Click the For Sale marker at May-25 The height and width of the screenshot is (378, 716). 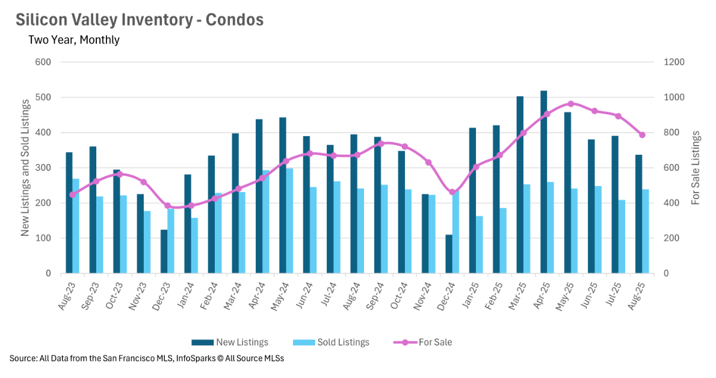coord(571,104)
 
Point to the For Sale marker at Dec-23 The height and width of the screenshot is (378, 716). coord(167,206)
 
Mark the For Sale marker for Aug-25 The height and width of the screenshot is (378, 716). coord(642,135)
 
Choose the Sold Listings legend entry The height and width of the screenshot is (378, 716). coord(331,342)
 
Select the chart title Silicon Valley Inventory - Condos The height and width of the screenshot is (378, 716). coord(140,19)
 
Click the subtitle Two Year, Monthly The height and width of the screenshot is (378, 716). coord(74,40)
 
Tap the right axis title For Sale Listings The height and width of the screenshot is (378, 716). coord(696,167)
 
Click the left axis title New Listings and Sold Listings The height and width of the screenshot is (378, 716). coord(25,169)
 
